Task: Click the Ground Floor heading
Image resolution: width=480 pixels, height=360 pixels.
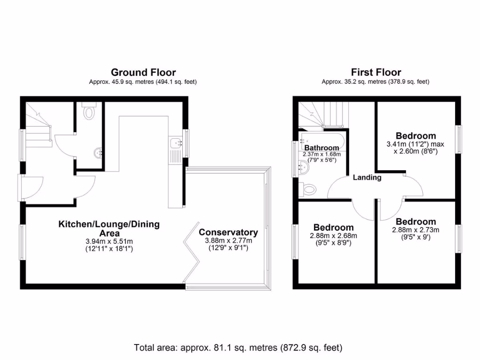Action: click(143, 72)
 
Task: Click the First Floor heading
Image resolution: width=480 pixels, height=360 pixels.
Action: click(376, 72)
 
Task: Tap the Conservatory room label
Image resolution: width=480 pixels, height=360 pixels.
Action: click(228, 232)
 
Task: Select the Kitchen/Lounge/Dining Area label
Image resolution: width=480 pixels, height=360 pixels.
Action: click(109, 228)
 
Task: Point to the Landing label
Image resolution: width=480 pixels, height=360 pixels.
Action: click(367, 177)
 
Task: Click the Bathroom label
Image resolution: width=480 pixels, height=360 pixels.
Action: click(322, 148)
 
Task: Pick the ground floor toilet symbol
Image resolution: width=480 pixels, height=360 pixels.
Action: click(89, 112)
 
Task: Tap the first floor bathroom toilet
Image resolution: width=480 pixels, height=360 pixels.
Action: click(309, 189)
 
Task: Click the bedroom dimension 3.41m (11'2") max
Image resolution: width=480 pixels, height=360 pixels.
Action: click(415, 144)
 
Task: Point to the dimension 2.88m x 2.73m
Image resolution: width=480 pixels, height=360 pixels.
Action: click(415, 230)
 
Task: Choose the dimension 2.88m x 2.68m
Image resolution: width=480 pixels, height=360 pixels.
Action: click(333, 236)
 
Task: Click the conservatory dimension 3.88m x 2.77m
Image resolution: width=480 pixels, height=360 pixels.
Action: click(228, 240)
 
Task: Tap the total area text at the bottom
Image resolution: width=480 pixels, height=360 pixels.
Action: click(238, 348)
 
